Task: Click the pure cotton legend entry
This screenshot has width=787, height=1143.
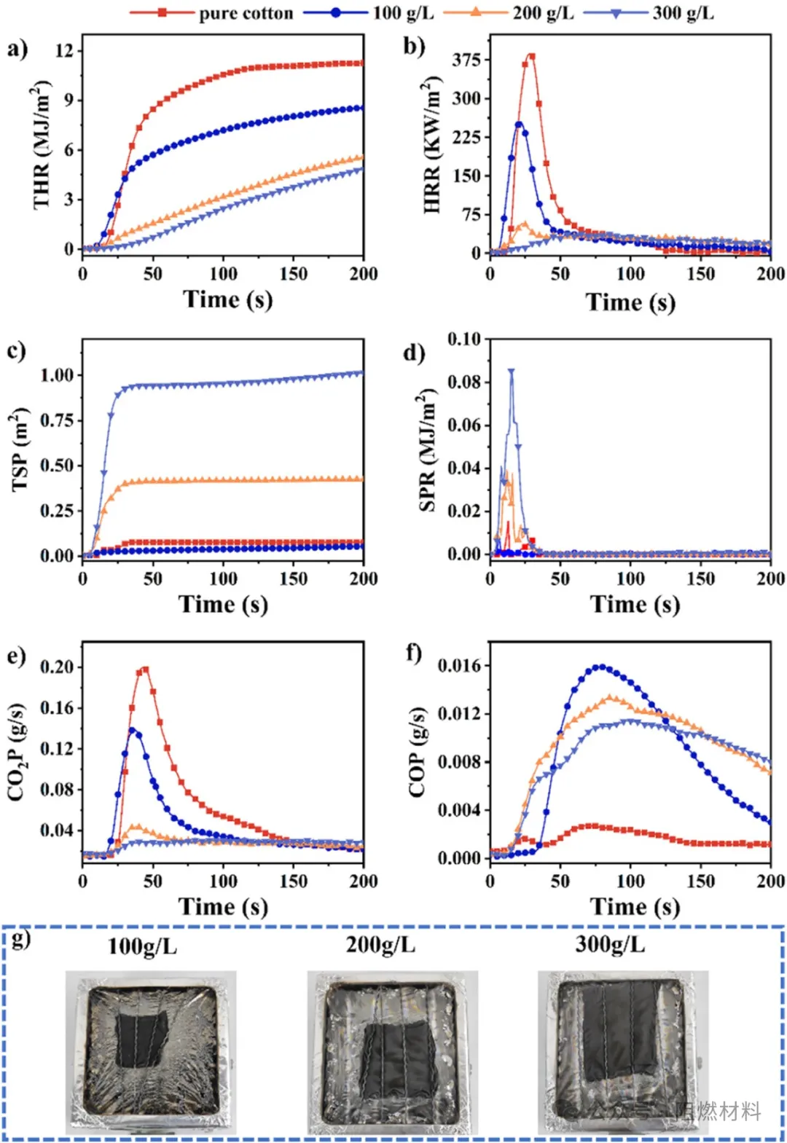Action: coord(246,13)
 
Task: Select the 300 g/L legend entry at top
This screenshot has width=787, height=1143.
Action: coord(683,13)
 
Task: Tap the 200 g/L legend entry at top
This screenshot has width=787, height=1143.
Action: coord(543,13)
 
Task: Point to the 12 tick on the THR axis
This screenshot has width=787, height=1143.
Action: coord(65,51)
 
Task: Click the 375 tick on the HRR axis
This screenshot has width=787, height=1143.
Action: coord(466,60)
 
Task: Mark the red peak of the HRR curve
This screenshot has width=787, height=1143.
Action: coord(531,56)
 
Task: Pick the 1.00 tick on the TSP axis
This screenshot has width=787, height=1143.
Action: coord(57,375)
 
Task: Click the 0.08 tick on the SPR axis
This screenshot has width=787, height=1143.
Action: coord(464,382)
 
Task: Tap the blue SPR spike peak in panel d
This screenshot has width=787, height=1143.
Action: coord(512,371)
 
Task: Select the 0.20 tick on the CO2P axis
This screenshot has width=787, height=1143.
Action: coord(57,667)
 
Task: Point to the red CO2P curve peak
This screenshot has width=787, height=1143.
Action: coord(144,669)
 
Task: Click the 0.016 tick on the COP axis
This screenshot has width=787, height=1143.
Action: coord(460,665)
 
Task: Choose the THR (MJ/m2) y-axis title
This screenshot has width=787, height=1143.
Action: coord(42,146)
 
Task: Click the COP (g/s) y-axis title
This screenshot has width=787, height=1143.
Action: coord(418,752)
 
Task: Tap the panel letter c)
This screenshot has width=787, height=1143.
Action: coord(17,350)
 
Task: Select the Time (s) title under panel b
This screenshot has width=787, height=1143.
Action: coord(630,302)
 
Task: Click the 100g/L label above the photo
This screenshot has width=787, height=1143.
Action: coord(142,946)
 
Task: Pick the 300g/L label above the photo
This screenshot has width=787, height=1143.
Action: coord(610,945)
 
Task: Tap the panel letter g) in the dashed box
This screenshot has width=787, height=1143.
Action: coord(21,938)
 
